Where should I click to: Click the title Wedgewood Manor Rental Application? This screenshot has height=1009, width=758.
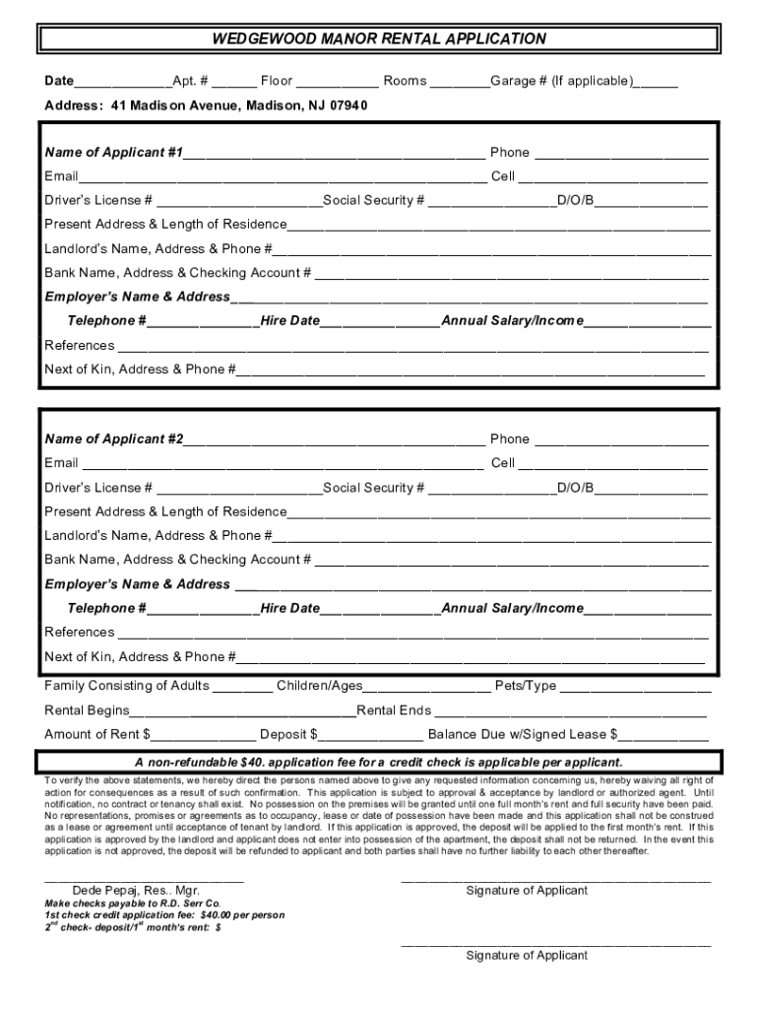click(x=380, y=39)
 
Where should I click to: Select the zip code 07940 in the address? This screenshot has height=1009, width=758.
click(x=348, y=105)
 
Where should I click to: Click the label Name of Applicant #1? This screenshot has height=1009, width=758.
click(x=113, y=153)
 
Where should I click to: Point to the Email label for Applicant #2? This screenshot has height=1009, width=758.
click(x=61, y=463)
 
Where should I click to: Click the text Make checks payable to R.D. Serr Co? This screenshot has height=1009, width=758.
click(x=133, y=903)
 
